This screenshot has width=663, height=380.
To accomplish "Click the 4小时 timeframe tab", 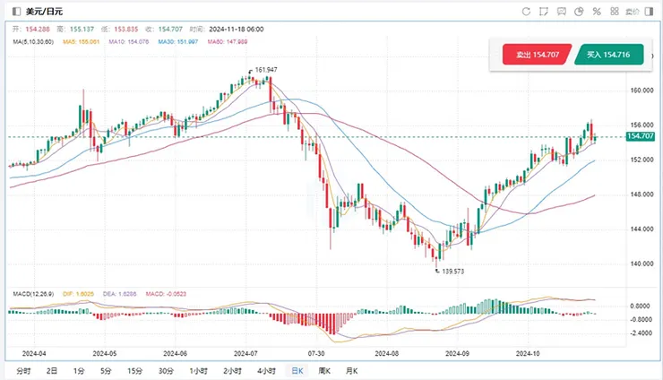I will tap(265, 370).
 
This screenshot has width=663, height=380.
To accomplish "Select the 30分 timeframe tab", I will tap(166, 370).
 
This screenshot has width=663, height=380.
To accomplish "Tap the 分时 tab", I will tap(23, 370).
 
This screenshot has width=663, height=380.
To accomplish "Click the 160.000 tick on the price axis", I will tap(640, 91).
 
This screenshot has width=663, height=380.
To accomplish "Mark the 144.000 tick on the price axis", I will tap(640, 229).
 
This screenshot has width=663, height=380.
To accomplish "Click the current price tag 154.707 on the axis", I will tap(640, 136).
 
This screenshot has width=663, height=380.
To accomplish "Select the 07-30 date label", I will tap(315, 352).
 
